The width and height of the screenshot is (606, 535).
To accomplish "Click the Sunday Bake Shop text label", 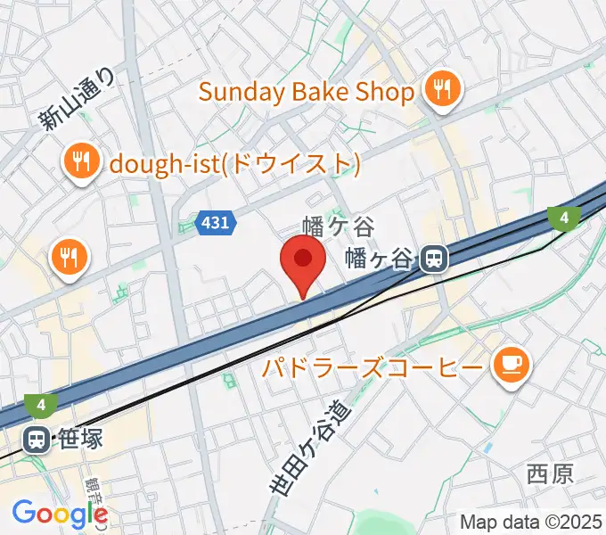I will (307, 92).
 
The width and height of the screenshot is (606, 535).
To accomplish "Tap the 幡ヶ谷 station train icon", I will (434, 259).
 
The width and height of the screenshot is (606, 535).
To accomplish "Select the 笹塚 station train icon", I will (37, 439).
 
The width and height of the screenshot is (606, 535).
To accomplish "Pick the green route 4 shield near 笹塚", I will (41, 406).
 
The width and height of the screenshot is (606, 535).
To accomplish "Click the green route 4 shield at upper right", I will (564, 217).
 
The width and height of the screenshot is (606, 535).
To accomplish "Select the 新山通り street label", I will (78, 102).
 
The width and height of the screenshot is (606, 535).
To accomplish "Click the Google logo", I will (59, 514).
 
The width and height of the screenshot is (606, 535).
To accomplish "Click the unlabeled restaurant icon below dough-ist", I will (69, 259).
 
